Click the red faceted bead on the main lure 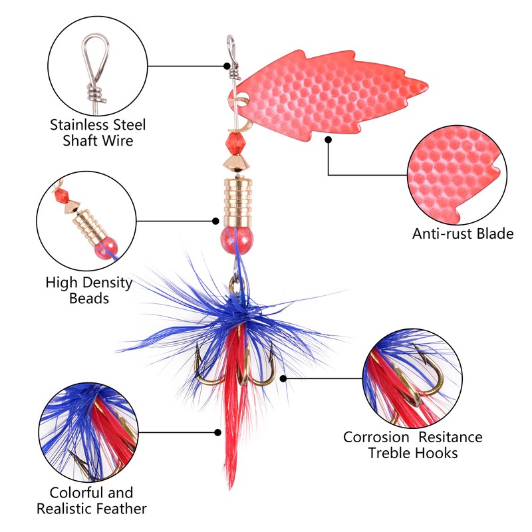[x=234, y=142]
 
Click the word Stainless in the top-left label [x=80, y=125]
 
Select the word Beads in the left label [x=89, y=299]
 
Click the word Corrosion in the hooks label [x=376, y=437]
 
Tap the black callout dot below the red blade [x=328, y=140]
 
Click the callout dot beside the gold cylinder [x=215, y=221]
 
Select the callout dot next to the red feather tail [x=218, y=433]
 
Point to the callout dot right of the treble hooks [x=283, y=378]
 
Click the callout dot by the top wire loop [x=227, y=66]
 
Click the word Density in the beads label [x=107, y=283]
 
